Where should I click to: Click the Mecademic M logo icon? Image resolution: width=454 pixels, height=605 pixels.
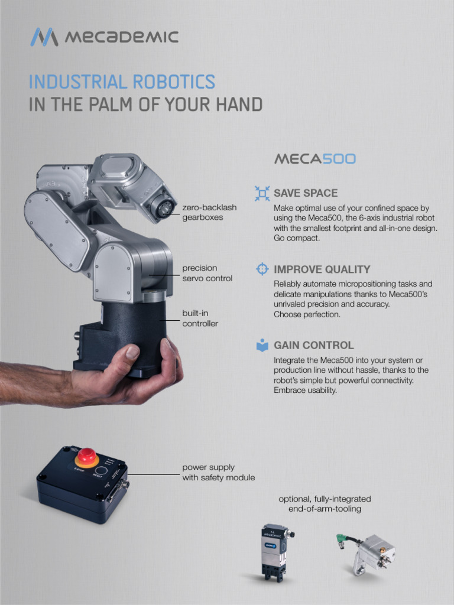[x=44, y=37]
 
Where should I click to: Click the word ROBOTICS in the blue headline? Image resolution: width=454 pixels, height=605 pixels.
[x=174, y=82]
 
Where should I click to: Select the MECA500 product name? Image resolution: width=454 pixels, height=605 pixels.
[x=314, y=159]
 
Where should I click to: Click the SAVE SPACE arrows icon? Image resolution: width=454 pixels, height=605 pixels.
[x=262, y=193]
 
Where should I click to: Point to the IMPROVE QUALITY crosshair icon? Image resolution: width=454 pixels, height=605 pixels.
[x=262, y=269]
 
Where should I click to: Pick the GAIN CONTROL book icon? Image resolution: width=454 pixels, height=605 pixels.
[x=262, y=345]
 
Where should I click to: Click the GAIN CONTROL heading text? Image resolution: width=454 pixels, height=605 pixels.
[x=313, y=345]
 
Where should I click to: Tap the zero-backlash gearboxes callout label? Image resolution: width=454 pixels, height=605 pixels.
[x=209, y=212]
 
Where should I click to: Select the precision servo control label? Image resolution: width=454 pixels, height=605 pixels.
[x=207, y=273]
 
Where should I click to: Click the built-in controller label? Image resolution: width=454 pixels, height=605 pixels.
[x=200, y=318]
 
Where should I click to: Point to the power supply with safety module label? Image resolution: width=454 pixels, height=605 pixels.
[x=219, y=472]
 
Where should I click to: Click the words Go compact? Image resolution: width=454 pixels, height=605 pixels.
[x=297, y=238]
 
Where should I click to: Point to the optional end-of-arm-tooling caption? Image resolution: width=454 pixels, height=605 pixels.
[x=325, y=504]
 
